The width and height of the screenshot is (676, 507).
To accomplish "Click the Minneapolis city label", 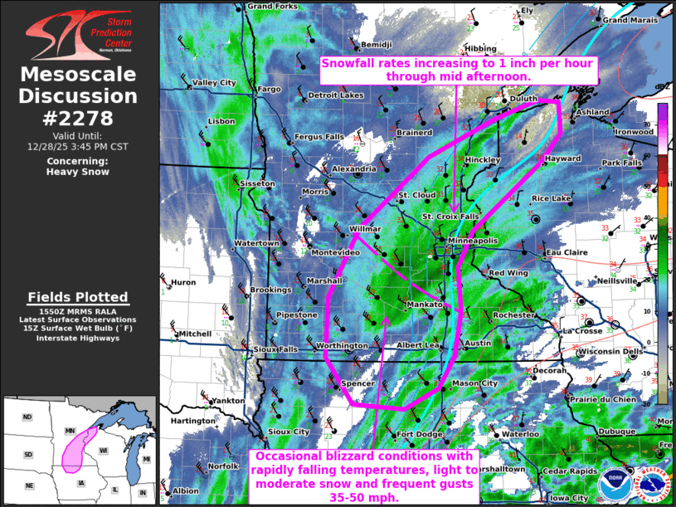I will click(474, 241).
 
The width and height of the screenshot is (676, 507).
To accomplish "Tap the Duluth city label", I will click(524, 99).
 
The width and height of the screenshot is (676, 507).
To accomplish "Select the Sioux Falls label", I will click(275, 349).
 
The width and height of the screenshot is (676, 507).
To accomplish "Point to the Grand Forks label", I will click(272, 7).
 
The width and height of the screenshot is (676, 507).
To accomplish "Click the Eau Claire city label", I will click(567, 252).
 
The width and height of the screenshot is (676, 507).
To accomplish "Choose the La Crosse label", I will click(581, 331).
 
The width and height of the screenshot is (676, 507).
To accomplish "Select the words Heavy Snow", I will click(78, 172).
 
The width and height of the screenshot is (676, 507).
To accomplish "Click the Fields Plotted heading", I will click(78, 297).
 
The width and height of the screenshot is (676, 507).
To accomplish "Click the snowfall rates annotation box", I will click(458, 69).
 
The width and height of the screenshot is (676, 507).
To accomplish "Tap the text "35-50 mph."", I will click(364, 497).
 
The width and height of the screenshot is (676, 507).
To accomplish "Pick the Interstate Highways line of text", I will click(78, 337).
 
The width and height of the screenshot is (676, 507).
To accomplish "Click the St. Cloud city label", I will click(417, 195).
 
